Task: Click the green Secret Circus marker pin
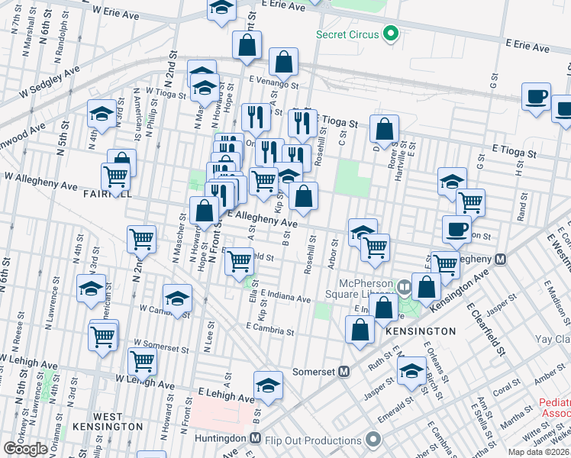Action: pyautogui.click(x=391, y=34)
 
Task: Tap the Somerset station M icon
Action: pyautogui.click(x=344, y=372)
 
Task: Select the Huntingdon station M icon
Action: pyautogui.click(x=259, y=439)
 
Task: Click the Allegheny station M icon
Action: pyautogui.click(x=501, y=259)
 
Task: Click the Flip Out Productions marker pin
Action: pyautogui.click(x=373, y=439)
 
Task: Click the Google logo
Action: pyautogui.click(x=26, y=448)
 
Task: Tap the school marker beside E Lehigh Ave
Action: pyautogui.click(x=268, y=385)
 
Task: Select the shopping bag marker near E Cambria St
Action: pyautogui.click(x=360, y=329)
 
